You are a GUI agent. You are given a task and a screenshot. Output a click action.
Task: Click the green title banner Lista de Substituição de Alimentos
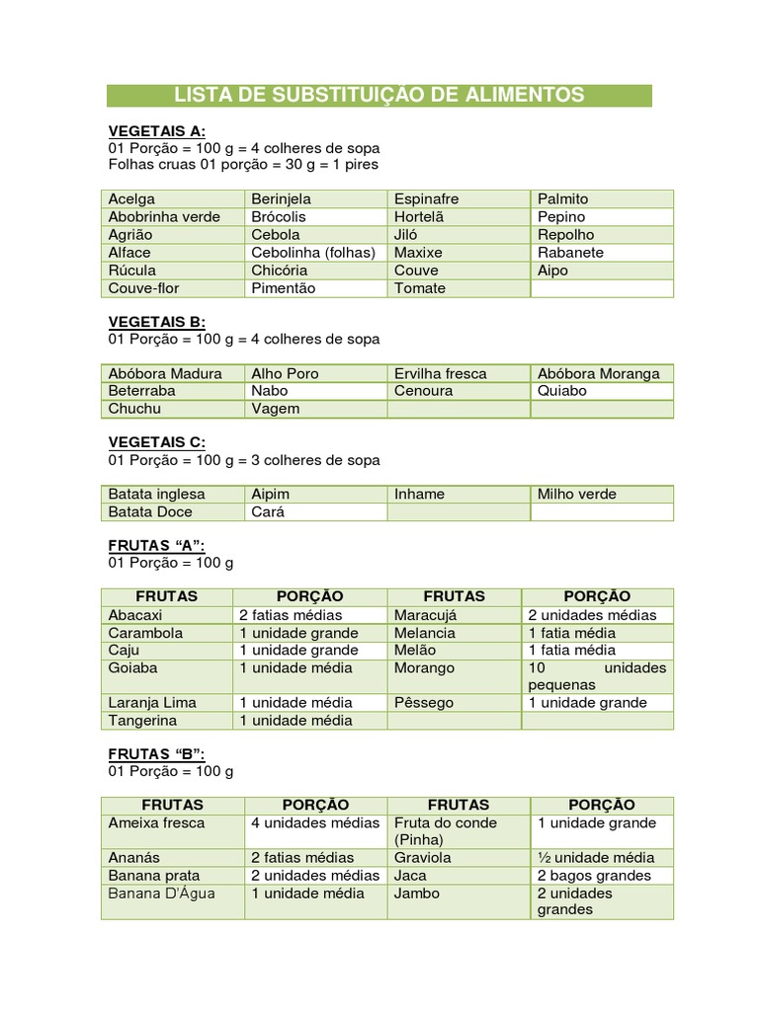click(x=379, y=95)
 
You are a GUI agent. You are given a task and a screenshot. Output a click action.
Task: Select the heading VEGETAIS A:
click(x=156, y=131)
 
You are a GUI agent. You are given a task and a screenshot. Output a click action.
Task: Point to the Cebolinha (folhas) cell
click(x=313, y=252)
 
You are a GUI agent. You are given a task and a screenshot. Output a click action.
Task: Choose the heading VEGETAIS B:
click(x=156, y=322)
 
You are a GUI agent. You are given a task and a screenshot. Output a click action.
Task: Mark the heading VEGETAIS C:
click(x=156, y=442)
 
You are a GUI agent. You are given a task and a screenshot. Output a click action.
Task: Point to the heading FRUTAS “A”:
click(x=155, y=545)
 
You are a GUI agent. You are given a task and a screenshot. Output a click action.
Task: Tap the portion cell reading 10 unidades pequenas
click(x=597, y=676)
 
